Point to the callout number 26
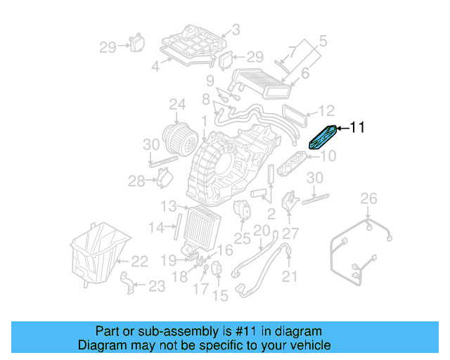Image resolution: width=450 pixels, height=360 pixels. [369, 200]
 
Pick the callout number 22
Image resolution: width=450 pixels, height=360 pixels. [139, 261]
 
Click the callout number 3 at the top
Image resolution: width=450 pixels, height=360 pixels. [236, 30]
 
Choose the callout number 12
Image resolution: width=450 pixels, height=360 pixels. [326, 111]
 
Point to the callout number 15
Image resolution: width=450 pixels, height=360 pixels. [220, 296]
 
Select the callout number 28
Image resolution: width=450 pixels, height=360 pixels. [136, 181]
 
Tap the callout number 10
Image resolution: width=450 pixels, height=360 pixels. [329, 155]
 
